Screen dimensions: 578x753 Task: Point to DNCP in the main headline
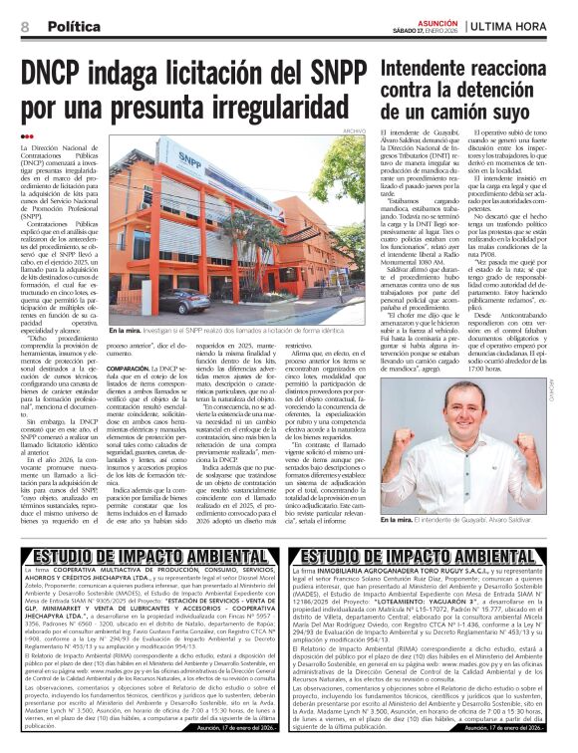tap(63, 73)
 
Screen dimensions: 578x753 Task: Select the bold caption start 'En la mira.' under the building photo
tap(127, 330)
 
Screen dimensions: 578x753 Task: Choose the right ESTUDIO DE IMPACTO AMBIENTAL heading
tap(433, 556)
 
